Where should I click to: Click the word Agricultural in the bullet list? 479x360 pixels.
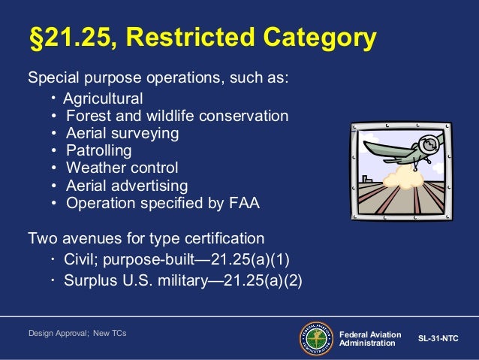pos(102,99)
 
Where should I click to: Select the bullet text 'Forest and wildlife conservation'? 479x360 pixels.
pos(177,116)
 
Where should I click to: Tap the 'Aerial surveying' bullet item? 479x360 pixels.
pos(122,133)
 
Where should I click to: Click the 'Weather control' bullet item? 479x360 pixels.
pos(122,168)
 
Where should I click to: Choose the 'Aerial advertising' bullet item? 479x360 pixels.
pos(127,185)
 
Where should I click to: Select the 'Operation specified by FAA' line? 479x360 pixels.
pos(162,202)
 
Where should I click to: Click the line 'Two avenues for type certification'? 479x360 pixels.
pos(146,238)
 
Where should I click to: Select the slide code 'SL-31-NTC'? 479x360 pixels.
pos(438,339)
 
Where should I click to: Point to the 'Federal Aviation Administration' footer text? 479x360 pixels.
pos(369,339)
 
